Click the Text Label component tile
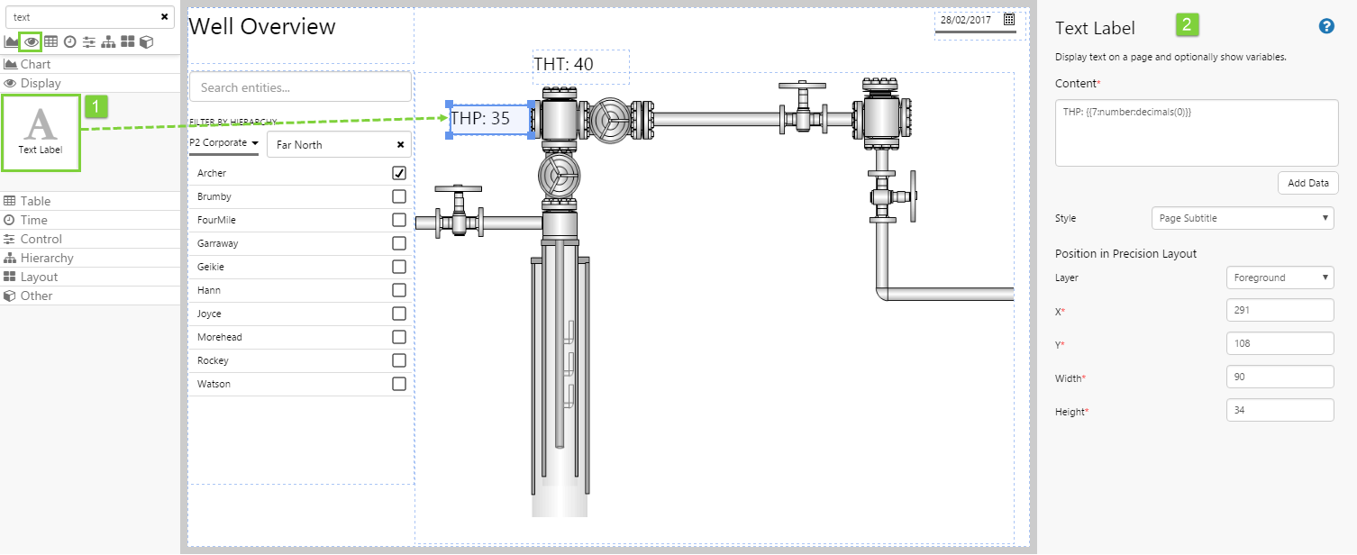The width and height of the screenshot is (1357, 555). pyautogui.click(x=41, y=132)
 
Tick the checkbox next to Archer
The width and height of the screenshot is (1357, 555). pyautogui.click(x=398, y=173)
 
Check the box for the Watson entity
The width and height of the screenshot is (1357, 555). pyautogui.click(x=398, y=384)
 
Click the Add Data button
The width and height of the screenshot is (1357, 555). pyautogui.click(x=1308, y=183)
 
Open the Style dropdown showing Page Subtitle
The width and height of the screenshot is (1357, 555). pyautogui.click(x=1243, y=218)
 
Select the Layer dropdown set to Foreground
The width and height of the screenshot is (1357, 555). pyautogui.click(x=1280, y=277)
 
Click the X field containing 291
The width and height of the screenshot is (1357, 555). pyautogui.click(x=1280, y=310)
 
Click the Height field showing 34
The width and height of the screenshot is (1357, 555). pyautogui.click(x=1280, y=410)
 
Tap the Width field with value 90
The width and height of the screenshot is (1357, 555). pyautogui.click(x=1280, y=377)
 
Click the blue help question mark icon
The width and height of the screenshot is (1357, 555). pyautogui.click(x=1326, y=26)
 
